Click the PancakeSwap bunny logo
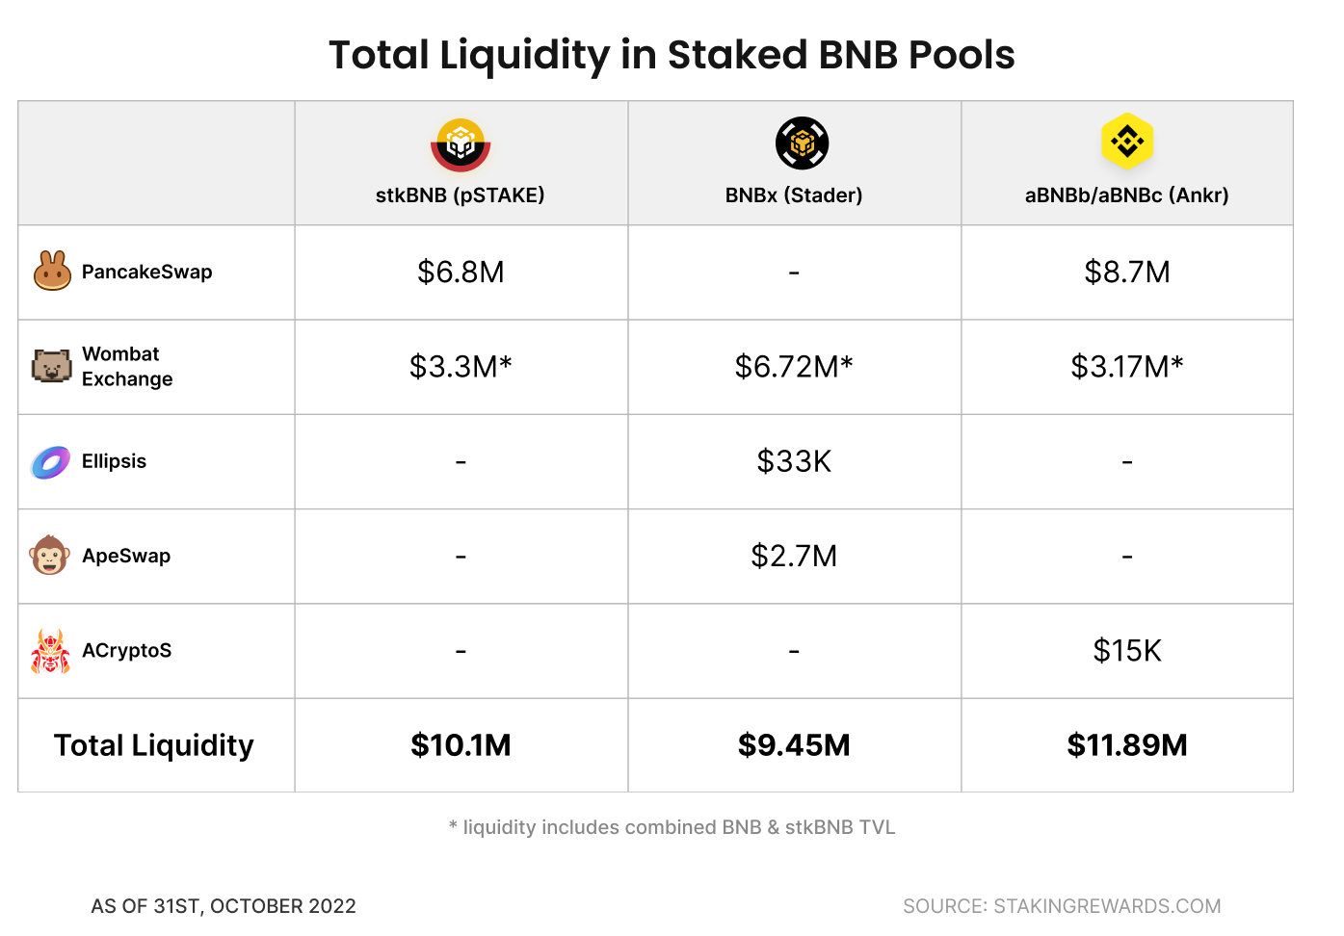(52, 271)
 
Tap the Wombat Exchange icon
(52, 366)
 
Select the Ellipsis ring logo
(50, 462)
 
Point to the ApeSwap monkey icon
(49, 556)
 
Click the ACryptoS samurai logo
(50, 651)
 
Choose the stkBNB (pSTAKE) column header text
(460, 195)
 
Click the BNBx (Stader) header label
(793, 195)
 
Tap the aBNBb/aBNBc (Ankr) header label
(1126, 195)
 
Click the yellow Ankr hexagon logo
(1126, 142)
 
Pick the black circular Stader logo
(802, 143)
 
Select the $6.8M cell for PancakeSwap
(461, 273)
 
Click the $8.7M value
(1126, 273)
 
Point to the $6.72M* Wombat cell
(793, 367)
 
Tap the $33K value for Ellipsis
(793, 461)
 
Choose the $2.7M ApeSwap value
(793, 556)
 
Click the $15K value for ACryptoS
(1126, 651)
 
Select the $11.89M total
(1126, 745)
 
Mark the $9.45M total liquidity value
(793, 745)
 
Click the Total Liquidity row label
(154, 745)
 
